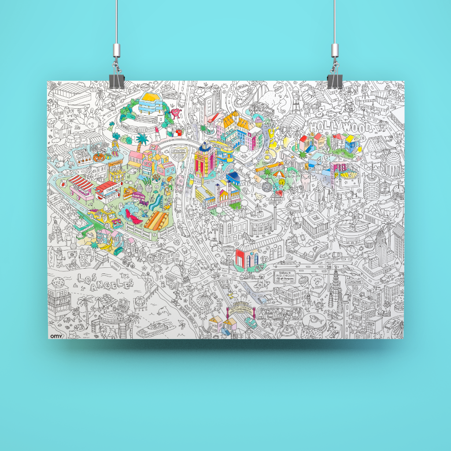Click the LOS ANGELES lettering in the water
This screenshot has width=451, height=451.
pyautogui.click(x=104, y=282)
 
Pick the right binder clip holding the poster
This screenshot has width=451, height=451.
pyautogui.click(x=334, y=79)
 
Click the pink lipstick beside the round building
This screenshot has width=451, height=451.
pyautogui.click(x=156, y=131)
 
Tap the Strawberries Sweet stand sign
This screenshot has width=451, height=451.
pyautogui.click(x=108, y=191)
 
